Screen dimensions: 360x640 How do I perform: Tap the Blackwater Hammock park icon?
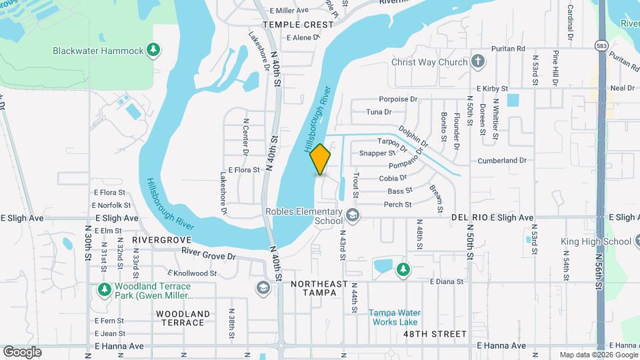[x=154, y=50]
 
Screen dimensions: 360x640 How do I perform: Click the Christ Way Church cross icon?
[x=477, y=62]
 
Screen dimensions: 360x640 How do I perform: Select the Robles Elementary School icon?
[x=352, y=215]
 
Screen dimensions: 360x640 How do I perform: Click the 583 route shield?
[x=602, y=45]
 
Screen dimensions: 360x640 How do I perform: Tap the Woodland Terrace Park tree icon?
[x=104, y=290]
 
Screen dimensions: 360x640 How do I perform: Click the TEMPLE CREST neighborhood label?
[x=297, y=24]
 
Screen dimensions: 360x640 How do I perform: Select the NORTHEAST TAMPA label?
[x=319, y=288]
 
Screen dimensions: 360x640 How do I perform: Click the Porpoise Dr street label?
[x=399, y=99]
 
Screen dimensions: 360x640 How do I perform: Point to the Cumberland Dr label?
[x=501, y=161]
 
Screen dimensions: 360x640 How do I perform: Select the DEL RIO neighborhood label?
[x=469, y=217]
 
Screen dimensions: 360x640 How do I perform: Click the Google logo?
[x=22, y=352]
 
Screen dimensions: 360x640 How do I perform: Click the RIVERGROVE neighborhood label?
[x=157, y=239]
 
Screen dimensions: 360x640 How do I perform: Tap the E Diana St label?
[x=446, y=281]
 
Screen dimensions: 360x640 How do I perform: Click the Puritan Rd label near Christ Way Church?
[x=508, y=48]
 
